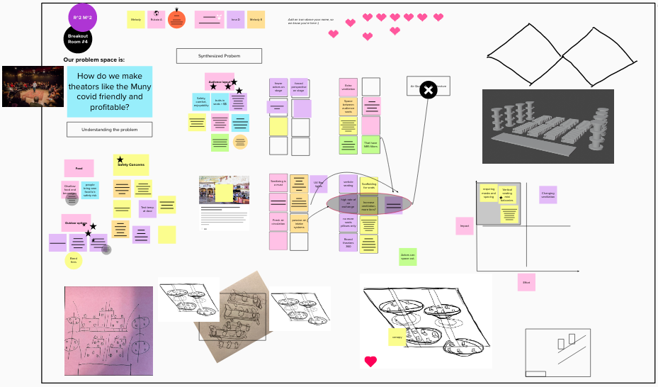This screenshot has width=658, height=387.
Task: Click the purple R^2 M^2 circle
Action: pyautogui.click(x=83, y=17)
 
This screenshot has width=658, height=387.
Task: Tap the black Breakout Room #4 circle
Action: pyautogui.click(x=78, y=38)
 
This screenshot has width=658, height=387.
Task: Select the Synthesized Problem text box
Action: pyautogui.click(x=219, y=56)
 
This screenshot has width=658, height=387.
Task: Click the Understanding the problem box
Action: pyautogui.click(x=109, y=130)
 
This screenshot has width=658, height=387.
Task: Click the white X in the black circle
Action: pyautogui.click(x=428, y=90)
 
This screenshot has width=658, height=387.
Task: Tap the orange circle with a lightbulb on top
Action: pyautogui.click(x=176, y=20)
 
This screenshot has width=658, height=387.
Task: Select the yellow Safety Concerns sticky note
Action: pyautogui.click(x=131, y=165)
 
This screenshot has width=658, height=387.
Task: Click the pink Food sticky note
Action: pyautogui.click(x=79, y=169)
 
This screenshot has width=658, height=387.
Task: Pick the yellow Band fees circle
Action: pyautogui.click(x=74, y=261)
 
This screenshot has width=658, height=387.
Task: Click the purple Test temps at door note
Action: pyautogui.click(x=147, y=208)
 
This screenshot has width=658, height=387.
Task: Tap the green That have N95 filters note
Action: pyautogui.click(x=370, y=145)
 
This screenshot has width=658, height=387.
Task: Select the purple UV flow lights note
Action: pyautogui.click(x=319, y=184)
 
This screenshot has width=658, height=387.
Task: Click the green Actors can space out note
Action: pyautogui.click(x=407, y=257)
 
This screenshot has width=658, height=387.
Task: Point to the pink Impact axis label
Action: pyautogui.click(x=465, y=226)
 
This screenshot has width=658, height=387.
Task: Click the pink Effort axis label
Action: pyautogui.click(x=526, y=282)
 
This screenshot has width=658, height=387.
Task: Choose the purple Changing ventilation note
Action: pyautogui.click(x=548, y=195)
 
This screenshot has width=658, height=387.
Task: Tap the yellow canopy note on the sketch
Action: pyautogui.click(x=397, y=337)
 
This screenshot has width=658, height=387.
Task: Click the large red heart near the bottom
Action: pyautogui.click(x=370, y=361)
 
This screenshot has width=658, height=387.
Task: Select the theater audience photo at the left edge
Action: pyautogui.click(x=33, y=86)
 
